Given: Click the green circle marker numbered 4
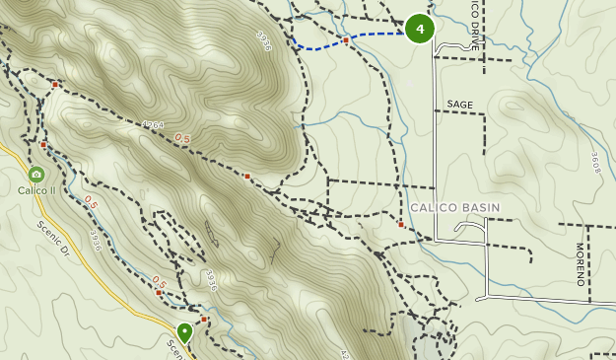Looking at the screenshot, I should tap(420, 29).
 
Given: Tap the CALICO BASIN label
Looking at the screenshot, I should tap(454, 207).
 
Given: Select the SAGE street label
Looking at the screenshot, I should tap(459, 104).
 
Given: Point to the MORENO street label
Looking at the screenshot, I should tap(580, 264).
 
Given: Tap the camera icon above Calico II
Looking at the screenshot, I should tap(36, 174).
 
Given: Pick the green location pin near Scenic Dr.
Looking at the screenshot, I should tap(184, 332).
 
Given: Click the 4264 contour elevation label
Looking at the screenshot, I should tap(152, 126).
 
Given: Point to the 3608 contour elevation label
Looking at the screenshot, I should tap(595, 162).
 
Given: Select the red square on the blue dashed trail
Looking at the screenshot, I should tap(347, 40).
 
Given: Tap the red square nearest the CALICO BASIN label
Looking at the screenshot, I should tap(401, 225).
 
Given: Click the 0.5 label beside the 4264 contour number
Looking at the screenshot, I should tap(182, 138).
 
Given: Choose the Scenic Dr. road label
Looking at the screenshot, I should tap(56, 239).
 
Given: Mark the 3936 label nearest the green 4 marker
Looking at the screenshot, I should tap(262, 42).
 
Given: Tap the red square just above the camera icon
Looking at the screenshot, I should tap(43, 145).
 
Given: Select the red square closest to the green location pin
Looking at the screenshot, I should tap(204, 320).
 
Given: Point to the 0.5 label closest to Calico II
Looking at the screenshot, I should tap(91, 202).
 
